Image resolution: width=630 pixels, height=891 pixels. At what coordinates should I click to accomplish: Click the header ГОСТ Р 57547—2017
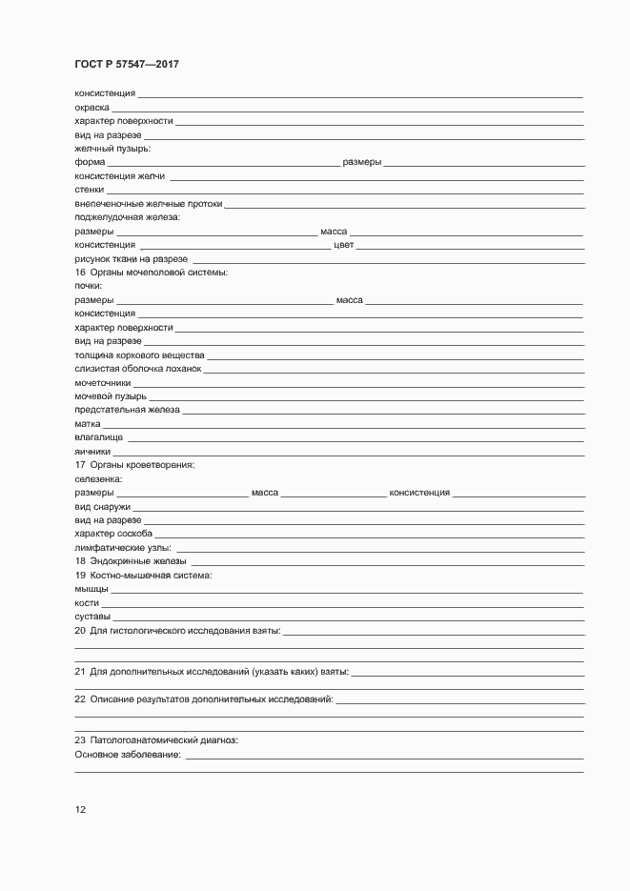127,65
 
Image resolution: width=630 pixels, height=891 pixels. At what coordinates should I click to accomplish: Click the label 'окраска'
91,108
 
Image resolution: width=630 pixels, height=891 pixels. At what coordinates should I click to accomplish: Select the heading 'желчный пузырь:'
112,149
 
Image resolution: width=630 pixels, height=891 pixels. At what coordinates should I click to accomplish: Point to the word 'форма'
90,162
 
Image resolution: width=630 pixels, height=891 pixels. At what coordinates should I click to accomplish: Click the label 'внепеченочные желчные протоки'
148,203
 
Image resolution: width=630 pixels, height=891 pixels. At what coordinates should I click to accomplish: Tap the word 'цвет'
344,245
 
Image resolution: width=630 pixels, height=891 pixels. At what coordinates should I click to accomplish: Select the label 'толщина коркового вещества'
134,354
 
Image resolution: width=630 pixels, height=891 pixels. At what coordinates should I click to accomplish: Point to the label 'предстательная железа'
127,410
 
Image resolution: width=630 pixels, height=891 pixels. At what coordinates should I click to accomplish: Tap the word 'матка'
88,423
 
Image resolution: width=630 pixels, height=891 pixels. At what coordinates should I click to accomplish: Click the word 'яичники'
92,451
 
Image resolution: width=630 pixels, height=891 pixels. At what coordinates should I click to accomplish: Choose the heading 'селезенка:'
98,478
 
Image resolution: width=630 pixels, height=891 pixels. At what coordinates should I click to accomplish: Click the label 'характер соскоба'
113,534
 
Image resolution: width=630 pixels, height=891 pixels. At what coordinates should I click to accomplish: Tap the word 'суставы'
92,617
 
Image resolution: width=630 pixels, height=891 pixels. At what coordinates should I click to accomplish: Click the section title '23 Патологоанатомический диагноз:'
156,740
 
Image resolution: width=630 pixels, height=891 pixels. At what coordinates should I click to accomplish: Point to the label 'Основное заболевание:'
128,755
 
